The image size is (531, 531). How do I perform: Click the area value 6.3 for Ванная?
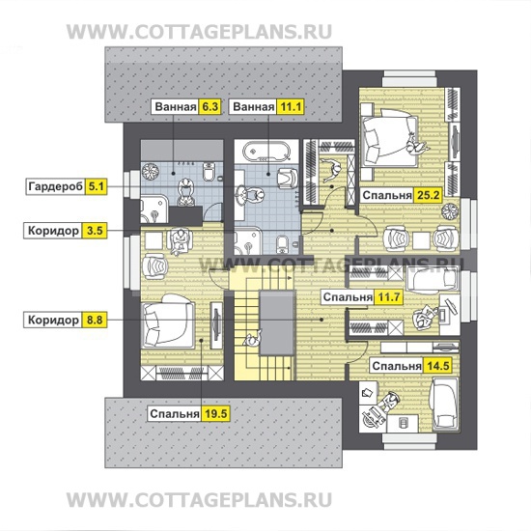(210, 106)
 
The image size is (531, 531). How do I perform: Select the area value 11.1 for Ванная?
(291, 106)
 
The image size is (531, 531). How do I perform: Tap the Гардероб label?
(55, 186)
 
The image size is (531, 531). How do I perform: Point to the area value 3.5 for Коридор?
(95, 231)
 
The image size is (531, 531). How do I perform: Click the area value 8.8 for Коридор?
(95, 320)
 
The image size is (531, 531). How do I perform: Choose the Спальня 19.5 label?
(189, 414)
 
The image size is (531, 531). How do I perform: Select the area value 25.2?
(428, 195)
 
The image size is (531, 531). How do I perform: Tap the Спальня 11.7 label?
(362, 297)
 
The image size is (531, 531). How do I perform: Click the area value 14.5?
(438, 366)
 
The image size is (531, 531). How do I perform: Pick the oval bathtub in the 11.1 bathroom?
(266, 151)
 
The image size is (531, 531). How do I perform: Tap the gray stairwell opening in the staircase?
(276, 322)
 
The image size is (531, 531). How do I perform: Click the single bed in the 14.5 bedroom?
(445, 405)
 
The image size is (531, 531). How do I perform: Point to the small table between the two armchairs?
(421, 240)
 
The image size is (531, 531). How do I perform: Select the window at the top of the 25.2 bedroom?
(409, 79)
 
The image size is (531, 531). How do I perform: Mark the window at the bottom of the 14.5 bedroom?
(409, 441)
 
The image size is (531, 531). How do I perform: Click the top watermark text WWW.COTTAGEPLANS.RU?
(199, 32)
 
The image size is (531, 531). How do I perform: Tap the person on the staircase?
(252, 339)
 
